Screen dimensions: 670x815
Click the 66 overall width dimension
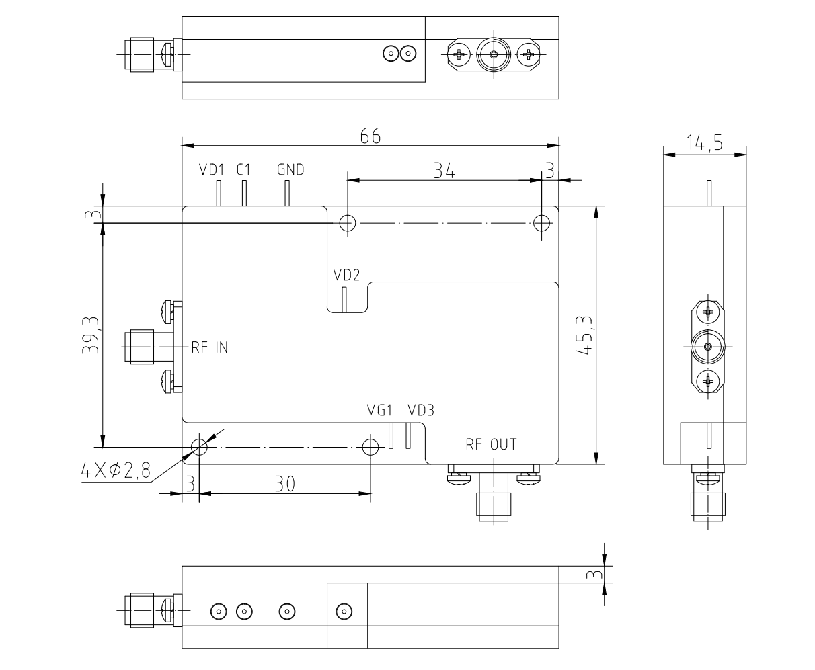[371, 136]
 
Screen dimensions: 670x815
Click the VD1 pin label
[210, 170]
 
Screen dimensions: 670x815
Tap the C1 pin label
[243, 170]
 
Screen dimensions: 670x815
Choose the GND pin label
[290, 170]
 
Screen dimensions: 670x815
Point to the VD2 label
[347, 275]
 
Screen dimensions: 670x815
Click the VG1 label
[380, 410]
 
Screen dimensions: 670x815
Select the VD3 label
[421, 410]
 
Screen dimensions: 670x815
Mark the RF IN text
[209, 348]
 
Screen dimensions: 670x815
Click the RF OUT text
[491, 444]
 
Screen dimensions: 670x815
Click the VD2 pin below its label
[344, 300]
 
